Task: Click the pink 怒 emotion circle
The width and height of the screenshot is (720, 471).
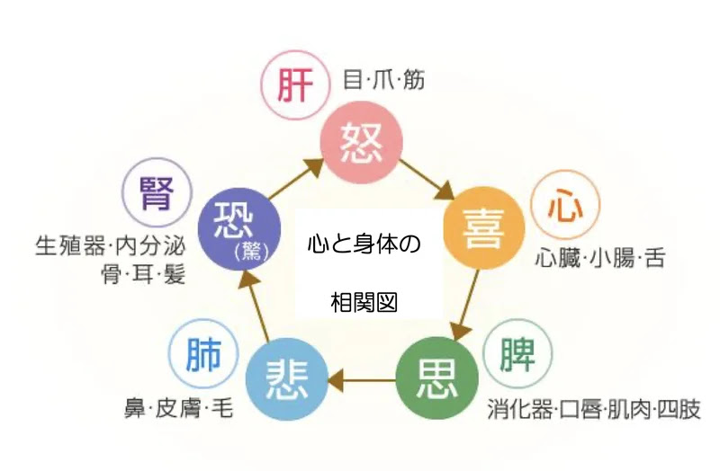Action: coord(363,139)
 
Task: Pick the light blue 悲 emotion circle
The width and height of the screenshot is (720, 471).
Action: coord(287,381)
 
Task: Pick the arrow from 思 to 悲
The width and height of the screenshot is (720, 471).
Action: coord(360,381)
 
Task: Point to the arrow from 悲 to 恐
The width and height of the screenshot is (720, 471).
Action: coord(255,306)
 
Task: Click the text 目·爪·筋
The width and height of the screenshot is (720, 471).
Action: coord(384,81)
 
